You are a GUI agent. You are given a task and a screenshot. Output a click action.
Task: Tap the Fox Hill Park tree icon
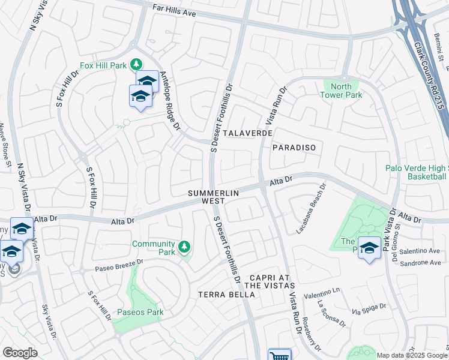[x=137, y=64]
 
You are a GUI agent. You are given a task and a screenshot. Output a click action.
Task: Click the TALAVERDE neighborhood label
[x=248, y=133]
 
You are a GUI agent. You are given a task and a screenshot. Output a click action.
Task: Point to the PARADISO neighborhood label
[x=294, y=147]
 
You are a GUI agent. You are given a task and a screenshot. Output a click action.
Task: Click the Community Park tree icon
[x=185, y=246]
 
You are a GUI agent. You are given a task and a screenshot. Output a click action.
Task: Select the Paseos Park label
[x=140, y=312]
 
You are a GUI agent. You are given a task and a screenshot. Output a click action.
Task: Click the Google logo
[x=20, y=353]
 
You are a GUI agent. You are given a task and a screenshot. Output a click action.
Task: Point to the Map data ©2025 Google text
[x=411, y=355]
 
